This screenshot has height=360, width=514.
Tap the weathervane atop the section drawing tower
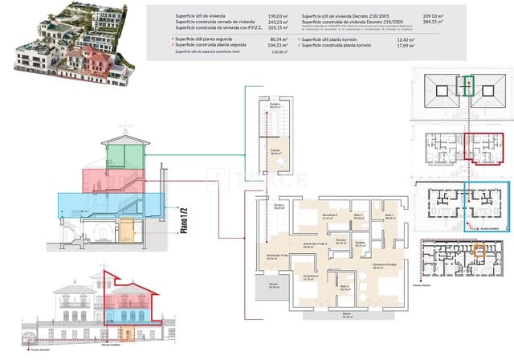click(x=122, y=129)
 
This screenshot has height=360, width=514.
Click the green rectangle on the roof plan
click(x=469, y=86)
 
